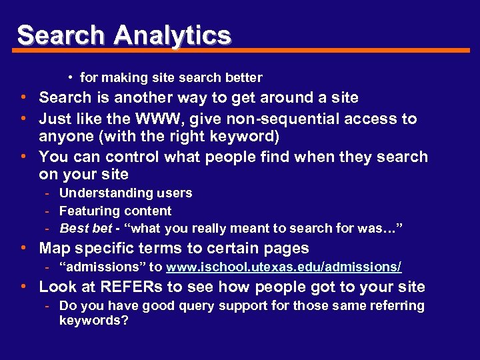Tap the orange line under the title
pos(267,51)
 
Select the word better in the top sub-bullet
pos(243,78)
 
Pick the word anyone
pos(65,137)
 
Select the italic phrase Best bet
pos(85,229)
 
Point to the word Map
pos(53,249)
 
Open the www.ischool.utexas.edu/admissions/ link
pos(283,267)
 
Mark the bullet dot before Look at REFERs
pos(23,287)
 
